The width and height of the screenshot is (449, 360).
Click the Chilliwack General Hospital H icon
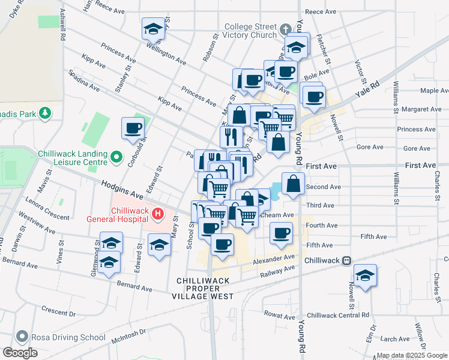point(158,214)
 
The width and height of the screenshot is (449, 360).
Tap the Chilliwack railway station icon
point(346,261)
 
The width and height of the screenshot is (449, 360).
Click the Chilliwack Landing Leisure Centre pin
point(117,158)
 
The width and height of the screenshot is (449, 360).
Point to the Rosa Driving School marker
point(23,337)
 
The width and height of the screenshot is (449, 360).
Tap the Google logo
point(20,353)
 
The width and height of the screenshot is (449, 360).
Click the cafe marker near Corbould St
point(133,127)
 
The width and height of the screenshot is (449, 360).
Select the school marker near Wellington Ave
point(153,28)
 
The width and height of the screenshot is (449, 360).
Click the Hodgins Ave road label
point(122,191)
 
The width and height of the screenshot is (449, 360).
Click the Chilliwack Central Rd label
point(334,315)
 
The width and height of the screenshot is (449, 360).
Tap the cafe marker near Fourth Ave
point(280,233)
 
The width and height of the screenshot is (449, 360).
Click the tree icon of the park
point(44,113)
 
